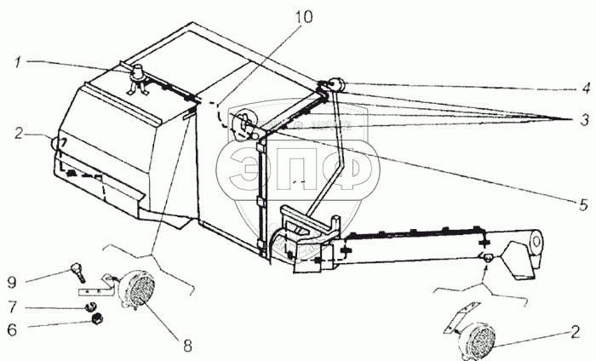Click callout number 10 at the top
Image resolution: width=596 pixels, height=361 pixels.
coord(303,18)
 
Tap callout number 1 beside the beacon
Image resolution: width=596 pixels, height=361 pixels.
coord(18,63)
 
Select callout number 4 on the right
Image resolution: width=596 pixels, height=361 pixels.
coord(586,89)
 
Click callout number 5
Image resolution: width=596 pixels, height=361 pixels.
coord(584,205)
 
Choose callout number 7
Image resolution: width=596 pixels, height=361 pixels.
coord(13,307)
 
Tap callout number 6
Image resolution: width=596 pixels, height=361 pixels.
coord(12,329)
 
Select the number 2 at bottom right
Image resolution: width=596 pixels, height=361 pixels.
coord(575,332)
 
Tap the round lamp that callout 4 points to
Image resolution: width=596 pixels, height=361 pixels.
coord(335,85)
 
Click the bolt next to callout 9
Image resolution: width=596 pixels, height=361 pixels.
coord(78,272)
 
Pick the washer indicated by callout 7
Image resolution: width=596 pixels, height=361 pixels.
coord(90,306)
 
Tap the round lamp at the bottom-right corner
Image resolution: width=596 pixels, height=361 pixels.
coord(480,340)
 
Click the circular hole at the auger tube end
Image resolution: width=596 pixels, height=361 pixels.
coord(536,241)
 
